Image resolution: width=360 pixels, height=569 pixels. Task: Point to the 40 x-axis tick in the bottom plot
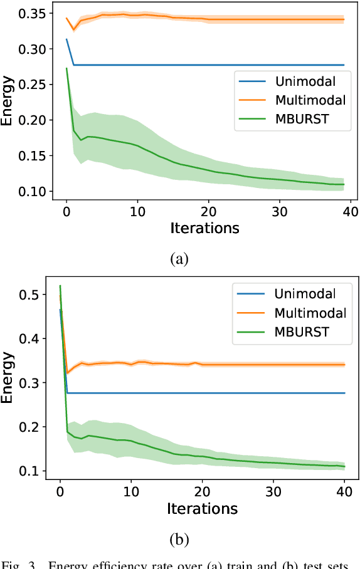[x=344, y=492]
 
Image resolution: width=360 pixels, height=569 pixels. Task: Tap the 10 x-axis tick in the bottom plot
[x=131, y=492]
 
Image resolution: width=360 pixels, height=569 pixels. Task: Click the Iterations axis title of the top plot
[x=204, y=228]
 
